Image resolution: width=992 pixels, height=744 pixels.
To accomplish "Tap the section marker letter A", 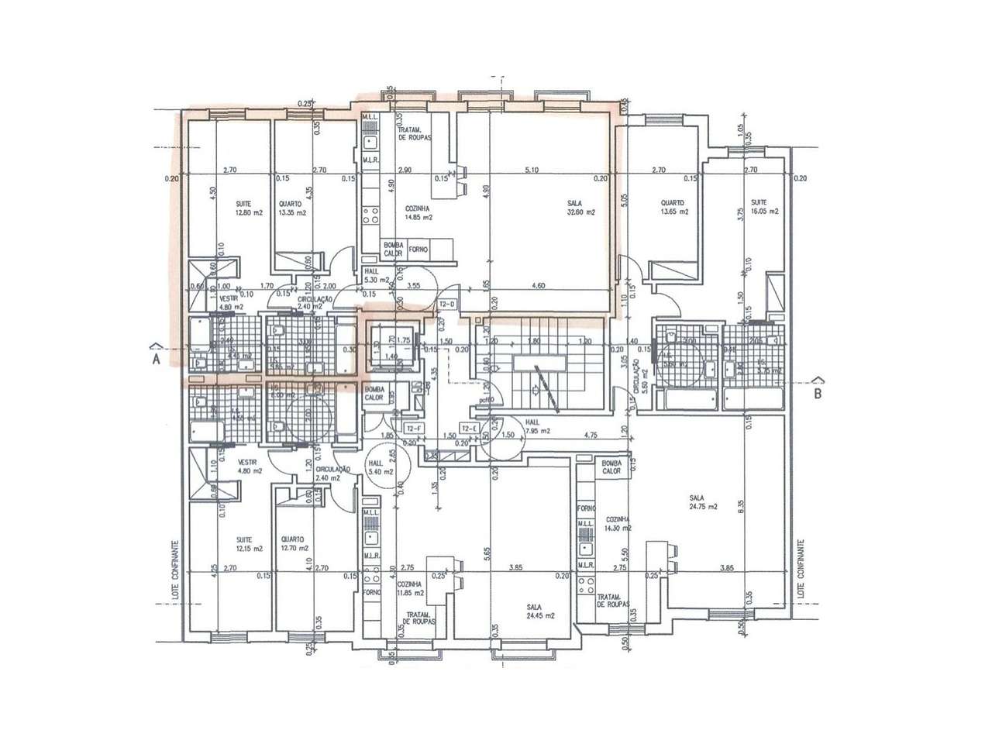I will click(155, 360).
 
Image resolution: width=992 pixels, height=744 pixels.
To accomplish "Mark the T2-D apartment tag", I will click(447, 304).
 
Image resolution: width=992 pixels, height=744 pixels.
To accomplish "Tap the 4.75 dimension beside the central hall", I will click(591, 435).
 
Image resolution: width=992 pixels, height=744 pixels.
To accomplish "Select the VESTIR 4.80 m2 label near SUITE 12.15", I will click(250, 466).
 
